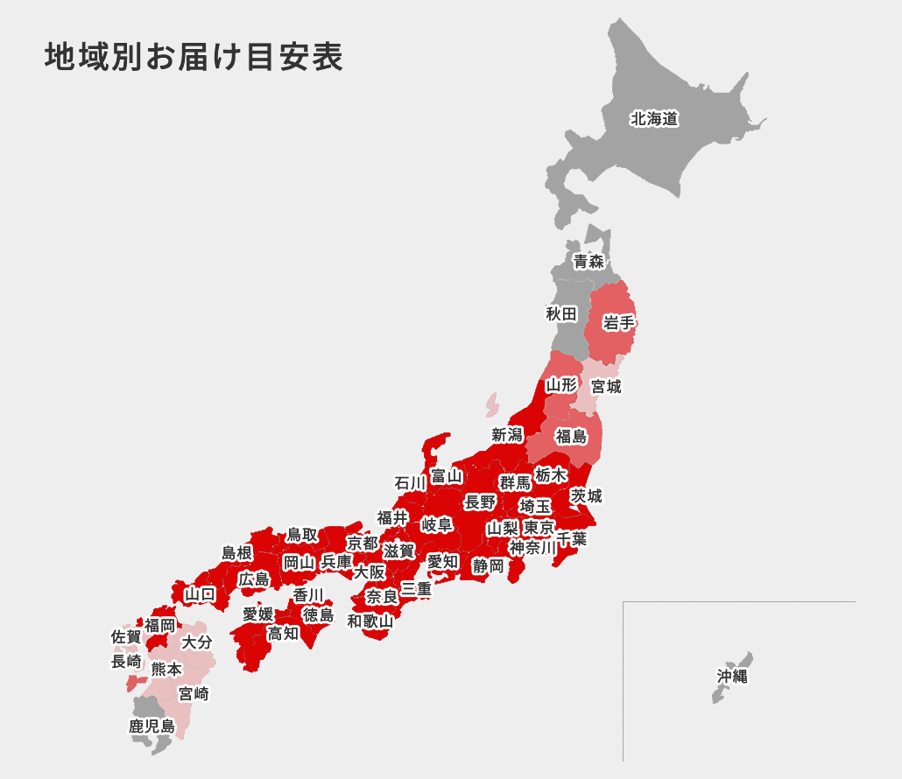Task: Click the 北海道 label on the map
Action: pyautogui.click(x=654, y=119)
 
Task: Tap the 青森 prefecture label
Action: pyautogui.click(x=588, y=261)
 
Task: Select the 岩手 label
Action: pyautogui.click(x=619, y=323)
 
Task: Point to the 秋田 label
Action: pyautogui.click(x=561, y=313)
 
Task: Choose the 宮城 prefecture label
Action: pyautogui.click(x=606, y=386)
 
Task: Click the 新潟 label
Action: pyautogui.click(x=506, y=435)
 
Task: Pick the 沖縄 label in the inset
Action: pyautogui.click(x=732, y=677)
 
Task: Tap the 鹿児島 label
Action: pyautogui.click(x=152, y=726)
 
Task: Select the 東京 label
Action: pyautogui.click(x=539, y=528)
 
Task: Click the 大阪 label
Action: pyautogui.click(x=370, y=572)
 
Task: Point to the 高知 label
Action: pyautogui.click(x=283, y=633)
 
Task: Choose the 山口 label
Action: pyautogui.click(x=200, y=594)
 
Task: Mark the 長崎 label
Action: pyautogui.click(x=126, y=662)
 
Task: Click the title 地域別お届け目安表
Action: pyautogui.click(x=194, y=56)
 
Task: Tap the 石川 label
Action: pyautogui.click(x=410, y=483)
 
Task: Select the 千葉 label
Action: pyautogui.click(x=571, y=539)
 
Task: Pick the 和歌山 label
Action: pyautogui.click(x=370, y=621)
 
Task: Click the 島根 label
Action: pyautogui.click(x=236, y=552)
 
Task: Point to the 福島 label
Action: pyautogui.click(x=571, y=437)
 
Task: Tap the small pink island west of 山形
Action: pyautogui.click(x=492, y=404)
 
